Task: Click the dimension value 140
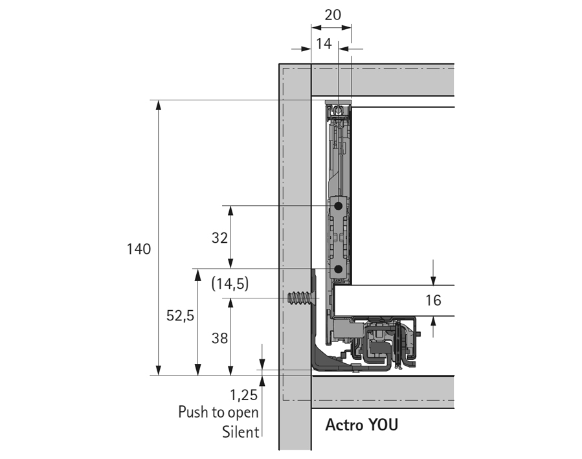[139, 249]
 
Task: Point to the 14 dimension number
[324, 44]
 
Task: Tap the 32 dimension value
[220, 238]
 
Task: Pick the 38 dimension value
[220, 339]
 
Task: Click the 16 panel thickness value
[433, 300]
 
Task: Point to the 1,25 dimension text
[244, 394]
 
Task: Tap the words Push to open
[218, 412]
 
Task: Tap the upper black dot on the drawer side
[338, 205]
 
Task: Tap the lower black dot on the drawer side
[338, 268]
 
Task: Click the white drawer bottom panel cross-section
[388, 301]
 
